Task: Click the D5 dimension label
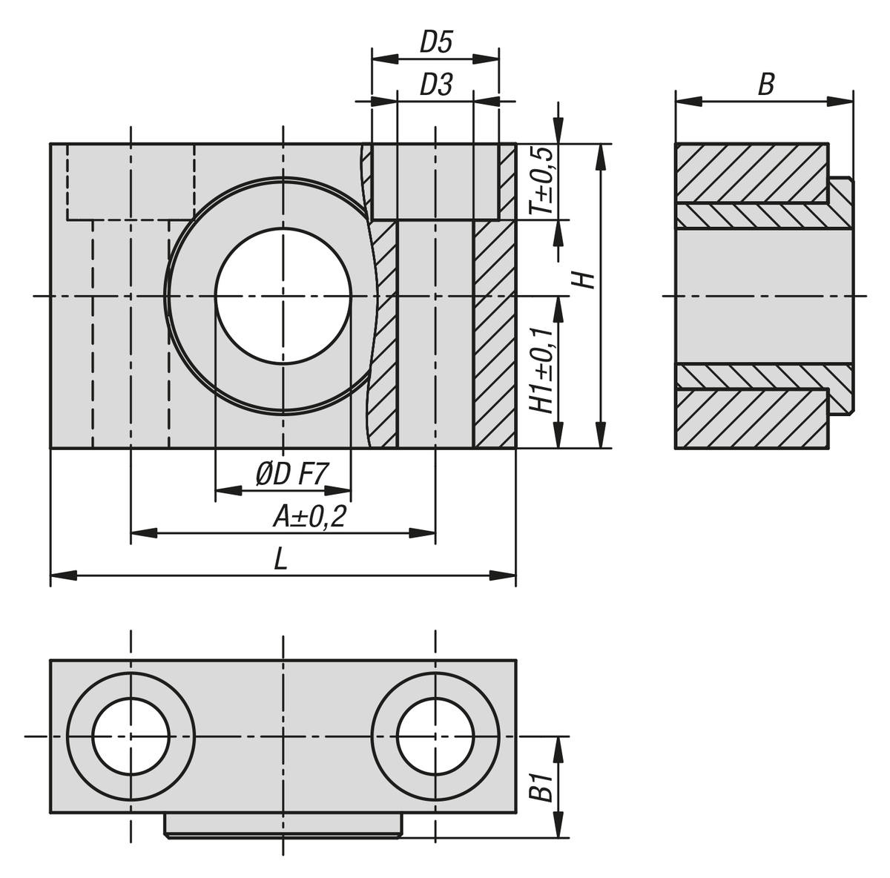435,42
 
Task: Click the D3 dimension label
435,85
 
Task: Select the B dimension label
765,85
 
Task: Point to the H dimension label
587,280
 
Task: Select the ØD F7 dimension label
292,474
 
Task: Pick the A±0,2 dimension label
309,516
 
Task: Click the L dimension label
281,560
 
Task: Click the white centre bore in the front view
283,296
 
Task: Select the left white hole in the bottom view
131,736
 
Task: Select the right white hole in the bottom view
435,736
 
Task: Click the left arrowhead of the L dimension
63,576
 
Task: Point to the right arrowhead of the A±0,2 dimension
422,533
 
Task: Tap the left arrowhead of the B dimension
688,102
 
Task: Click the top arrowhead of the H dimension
601,157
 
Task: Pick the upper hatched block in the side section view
751,174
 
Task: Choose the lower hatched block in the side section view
751,419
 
